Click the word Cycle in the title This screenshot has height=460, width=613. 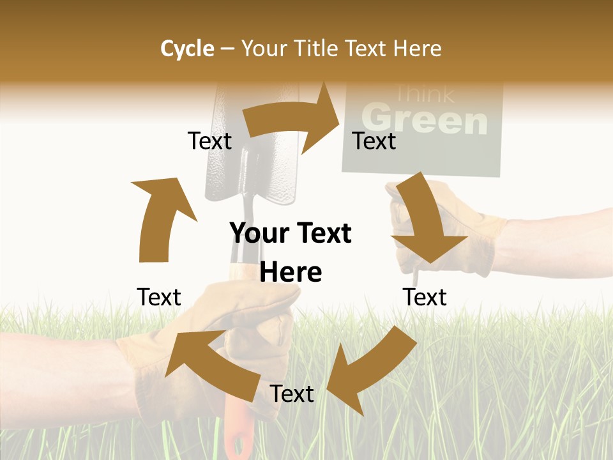pyautogui.click(x=187, y=49)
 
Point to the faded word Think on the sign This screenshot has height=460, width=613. pyautogui.click(x=424, y=94)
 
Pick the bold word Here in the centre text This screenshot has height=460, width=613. pyautogui.click(x=291, y=272)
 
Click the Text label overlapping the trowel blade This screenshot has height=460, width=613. pyautogui.click(x=209, y=141)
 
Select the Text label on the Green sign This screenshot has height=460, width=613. pyautogui.click(x=374, y=141)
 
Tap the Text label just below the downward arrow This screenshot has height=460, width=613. pyautogui.click(x=425, y=297)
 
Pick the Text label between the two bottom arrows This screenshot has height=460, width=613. pyautogui.click(x=292, y=394)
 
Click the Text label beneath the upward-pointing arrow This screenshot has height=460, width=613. pyautogui.click(x=159, y=297)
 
